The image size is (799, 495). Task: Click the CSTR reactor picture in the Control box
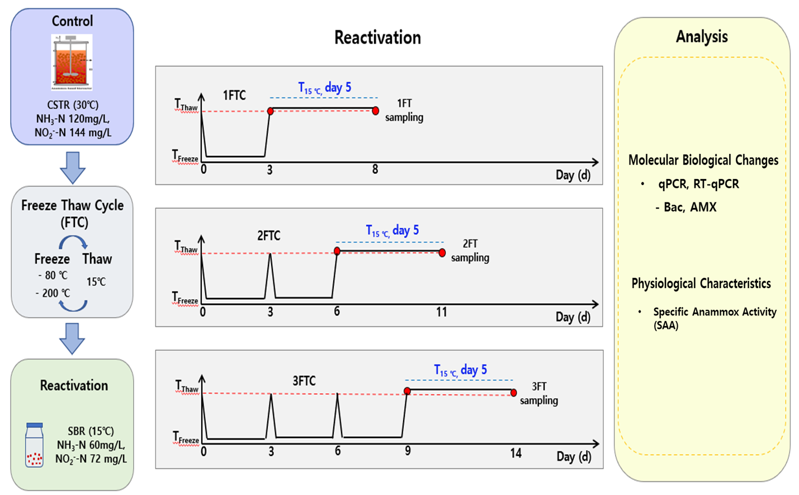[x=72, y=62]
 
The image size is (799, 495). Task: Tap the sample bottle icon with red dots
[x=34, y=445]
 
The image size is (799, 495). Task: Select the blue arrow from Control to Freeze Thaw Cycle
[x=72, y=167]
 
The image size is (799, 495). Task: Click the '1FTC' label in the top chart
[x=234, y=95]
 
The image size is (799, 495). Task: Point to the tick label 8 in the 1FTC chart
[x=375, y=169]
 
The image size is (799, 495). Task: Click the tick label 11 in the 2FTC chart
[x=441, y=312]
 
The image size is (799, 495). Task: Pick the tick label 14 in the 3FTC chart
[x=516, y=453]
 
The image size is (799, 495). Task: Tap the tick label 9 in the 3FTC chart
[x=408, y=451]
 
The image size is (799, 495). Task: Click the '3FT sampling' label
[x=538, y=394]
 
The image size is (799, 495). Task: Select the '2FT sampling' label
[x=470, y=251]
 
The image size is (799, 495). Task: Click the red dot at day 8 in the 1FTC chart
[x=375, y=111]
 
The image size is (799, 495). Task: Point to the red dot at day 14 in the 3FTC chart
[x=514, y=393]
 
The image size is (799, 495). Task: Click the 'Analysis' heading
[x=702, y=37]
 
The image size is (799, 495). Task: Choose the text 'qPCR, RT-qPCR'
[x=698, y=184]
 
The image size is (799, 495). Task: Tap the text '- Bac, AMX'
[x=686, y=208]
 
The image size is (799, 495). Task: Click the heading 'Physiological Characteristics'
[x=701, y=284]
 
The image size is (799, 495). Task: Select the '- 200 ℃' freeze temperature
[x=53, y=293]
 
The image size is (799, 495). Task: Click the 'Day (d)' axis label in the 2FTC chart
[x=573, y=317]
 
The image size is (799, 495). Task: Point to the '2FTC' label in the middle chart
[x=269, y=235]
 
